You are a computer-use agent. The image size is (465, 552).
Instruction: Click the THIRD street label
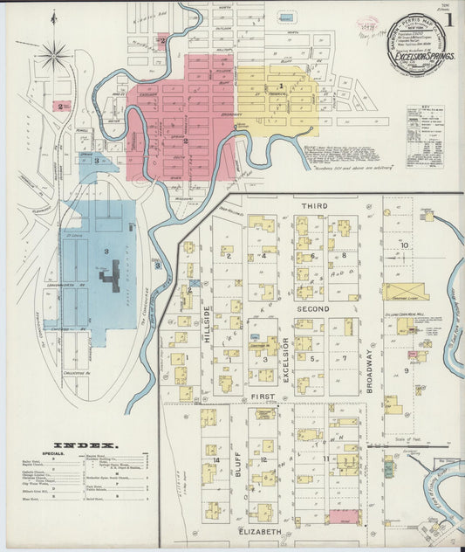tap(313, 205)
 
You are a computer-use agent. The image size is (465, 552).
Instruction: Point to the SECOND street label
tap(314, 309)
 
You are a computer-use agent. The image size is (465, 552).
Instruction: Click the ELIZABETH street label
tap(260, 531)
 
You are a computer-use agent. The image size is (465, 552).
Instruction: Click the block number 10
tap(404, 245)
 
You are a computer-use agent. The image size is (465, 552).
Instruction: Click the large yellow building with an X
tap(407, 291)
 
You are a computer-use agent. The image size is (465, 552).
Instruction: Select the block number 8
tap(344, 255)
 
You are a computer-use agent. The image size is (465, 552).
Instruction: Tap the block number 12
tap(263, 459)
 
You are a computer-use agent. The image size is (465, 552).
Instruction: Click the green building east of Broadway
tap(387, 469)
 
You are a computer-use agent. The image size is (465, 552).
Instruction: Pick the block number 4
tap(263, 256)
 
